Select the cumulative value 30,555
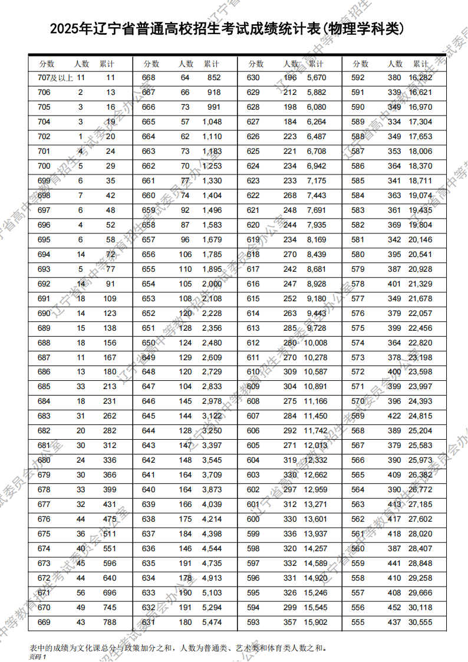[x=420, y=622]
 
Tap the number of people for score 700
[x=81, y=166]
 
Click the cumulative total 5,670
[x=317, y=77]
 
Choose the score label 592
[x=358, y=77]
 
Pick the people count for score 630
[x=290, y=77]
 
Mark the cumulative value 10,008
[x=315, y=342]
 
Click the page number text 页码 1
[x=37, y=656]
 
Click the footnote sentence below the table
[x=177, y=647]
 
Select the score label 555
[x=358, y=622]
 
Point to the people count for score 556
[x=394, y=607]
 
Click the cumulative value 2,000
[x=212, y=284]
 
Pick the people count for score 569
[x=394, y=416]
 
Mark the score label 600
[x=253, y=519]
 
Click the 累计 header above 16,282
[x=420, y=64]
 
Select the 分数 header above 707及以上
[x=47, y=64]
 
